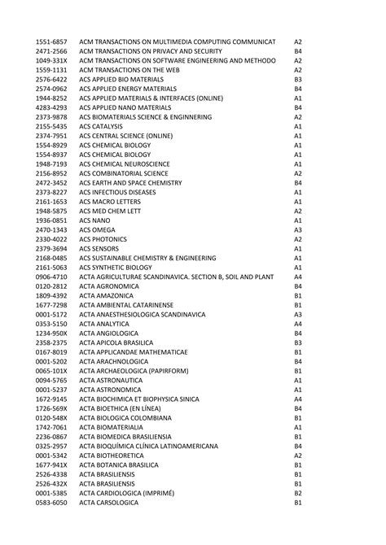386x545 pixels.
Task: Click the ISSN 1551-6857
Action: coord(51,41)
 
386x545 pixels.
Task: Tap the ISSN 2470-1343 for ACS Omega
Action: coord(51,229)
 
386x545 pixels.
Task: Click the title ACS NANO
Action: coord(96,220)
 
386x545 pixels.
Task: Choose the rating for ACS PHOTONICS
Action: coord(298,239)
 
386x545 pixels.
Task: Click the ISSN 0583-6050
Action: coord(51,503)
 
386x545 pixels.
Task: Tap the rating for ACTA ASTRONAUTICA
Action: coord(298,380)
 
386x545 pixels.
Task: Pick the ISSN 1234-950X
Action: coord(51,332)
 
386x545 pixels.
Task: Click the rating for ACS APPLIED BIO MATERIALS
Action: coord(298,80)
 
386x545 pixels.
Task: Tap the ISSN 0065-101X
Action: coord(51,371)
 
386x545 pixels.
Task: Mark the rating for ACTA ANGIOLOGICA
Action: coord(298,332)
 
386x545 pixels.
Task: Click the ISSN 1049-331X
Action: coord(51,60)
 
